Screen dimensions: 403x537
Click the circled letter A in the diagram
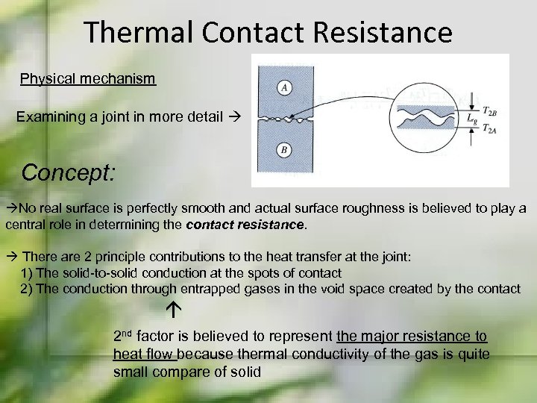pyautogui.click(x=284, y=88)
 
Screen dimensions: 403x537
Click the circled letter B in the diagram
pyautogui.click(x=284, y=151)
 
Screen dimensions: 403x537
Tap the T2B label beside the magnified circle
pyautogui.click(x=490, y=110)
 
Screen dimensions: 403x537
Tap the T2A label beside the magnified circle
pyautogui.click(x=490, y=128)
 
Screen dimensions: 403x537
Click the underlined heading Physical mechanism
pyautogui.click(x=88, y=79)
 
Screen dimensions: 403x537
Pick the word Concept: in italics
pyautogui.click(x=69, y=173)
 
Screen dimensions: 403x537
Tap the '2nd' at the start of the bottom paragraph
pyautogui.click(x=123, y=335)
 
